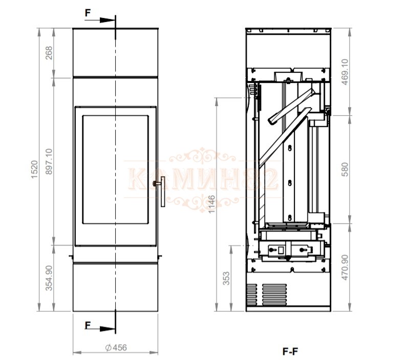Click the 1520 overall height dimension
click(34, 170)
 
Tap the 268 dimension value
click(49, 53)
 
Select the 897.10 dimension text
click(49, 161)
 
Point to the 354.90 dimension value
click(49, 278)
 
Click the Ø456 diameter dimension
click(116, 348)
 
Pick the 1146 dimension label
click(212, 204)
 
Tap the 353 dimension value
click(226, 278)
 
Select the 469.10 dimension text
click(345, 72)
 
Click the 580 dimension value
click(345, 170)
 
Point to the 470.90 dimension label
click(345, 268)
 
